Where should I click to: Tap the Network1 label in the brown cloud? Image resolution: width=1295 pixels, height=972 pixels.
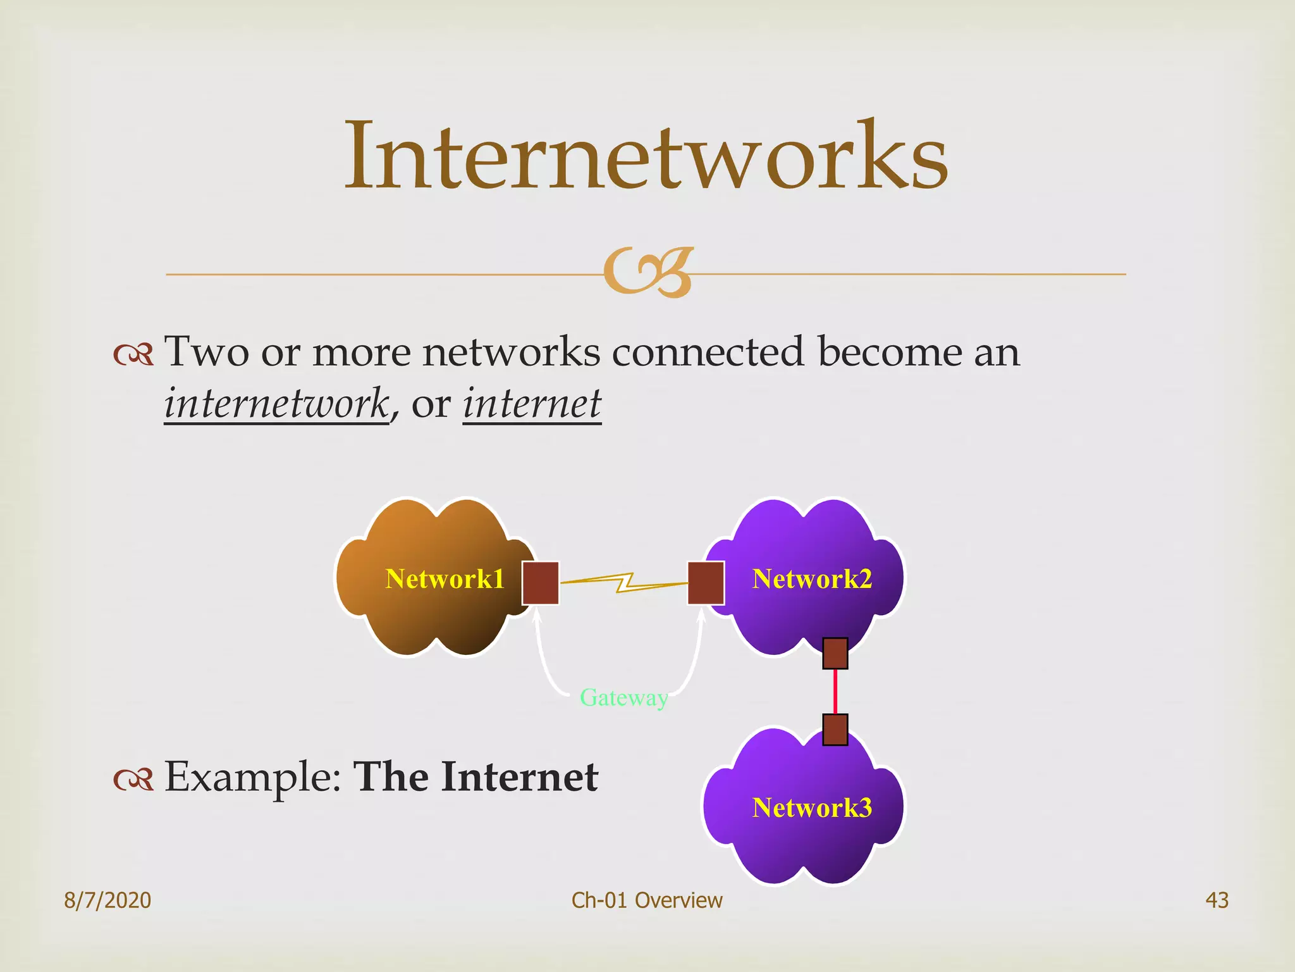(x=445, y=579)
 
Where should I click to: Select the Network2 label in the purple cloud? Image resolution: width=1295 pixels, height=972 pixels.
(x=812, y=579)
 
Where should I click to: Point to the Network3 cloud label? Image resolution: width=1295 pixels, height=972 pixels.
(x=812, y=808)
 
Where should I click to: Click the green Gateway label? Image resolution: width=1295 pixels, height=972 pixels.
(x=623, y=698)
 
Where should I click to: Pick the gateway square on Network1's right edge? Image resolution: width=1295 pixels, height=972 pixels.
(x=540, y=583)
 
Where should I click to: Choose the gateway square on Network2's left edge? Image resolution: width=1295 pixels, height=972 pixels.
(x=706, y=583)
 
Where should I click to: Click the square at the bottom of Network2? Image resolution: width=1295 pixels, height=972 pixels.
(x=835, y=653)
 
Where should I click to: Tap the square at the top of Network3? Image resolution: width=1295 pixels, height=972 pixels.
(x=835, y=730)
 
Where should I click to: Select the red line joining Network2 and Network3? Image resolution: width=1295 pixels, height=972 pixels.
(x=835, y=691)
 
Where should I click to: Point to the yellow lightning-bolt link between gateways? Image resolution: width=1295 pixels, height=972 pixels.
(x=624, y=582)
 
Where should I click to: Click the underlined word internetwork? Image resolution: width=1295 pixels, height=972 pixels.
(x=276, y=404)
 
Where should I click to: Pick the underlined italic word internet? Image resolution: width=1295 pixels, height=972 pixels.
(x=532, y=404)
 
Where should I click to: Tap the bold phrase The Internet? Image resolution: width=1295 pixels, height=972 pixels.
(x=476, y=777)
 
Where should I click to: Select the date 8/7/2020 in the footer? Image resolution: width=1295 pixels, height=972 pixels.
(x=107, y=900)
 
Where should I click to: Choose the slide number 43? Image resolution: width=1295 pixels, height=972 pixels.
(x=1217, y=900)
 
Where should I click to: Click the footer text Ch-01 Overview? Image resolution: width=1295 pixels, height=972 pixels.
(x=647, y=900)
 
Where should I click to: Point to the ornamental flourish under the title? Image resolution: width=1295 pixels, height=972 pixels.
(x=648, y=273)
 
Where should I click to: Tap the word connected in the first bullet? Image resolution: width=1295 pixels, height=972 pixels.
(x=708, y=352)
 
